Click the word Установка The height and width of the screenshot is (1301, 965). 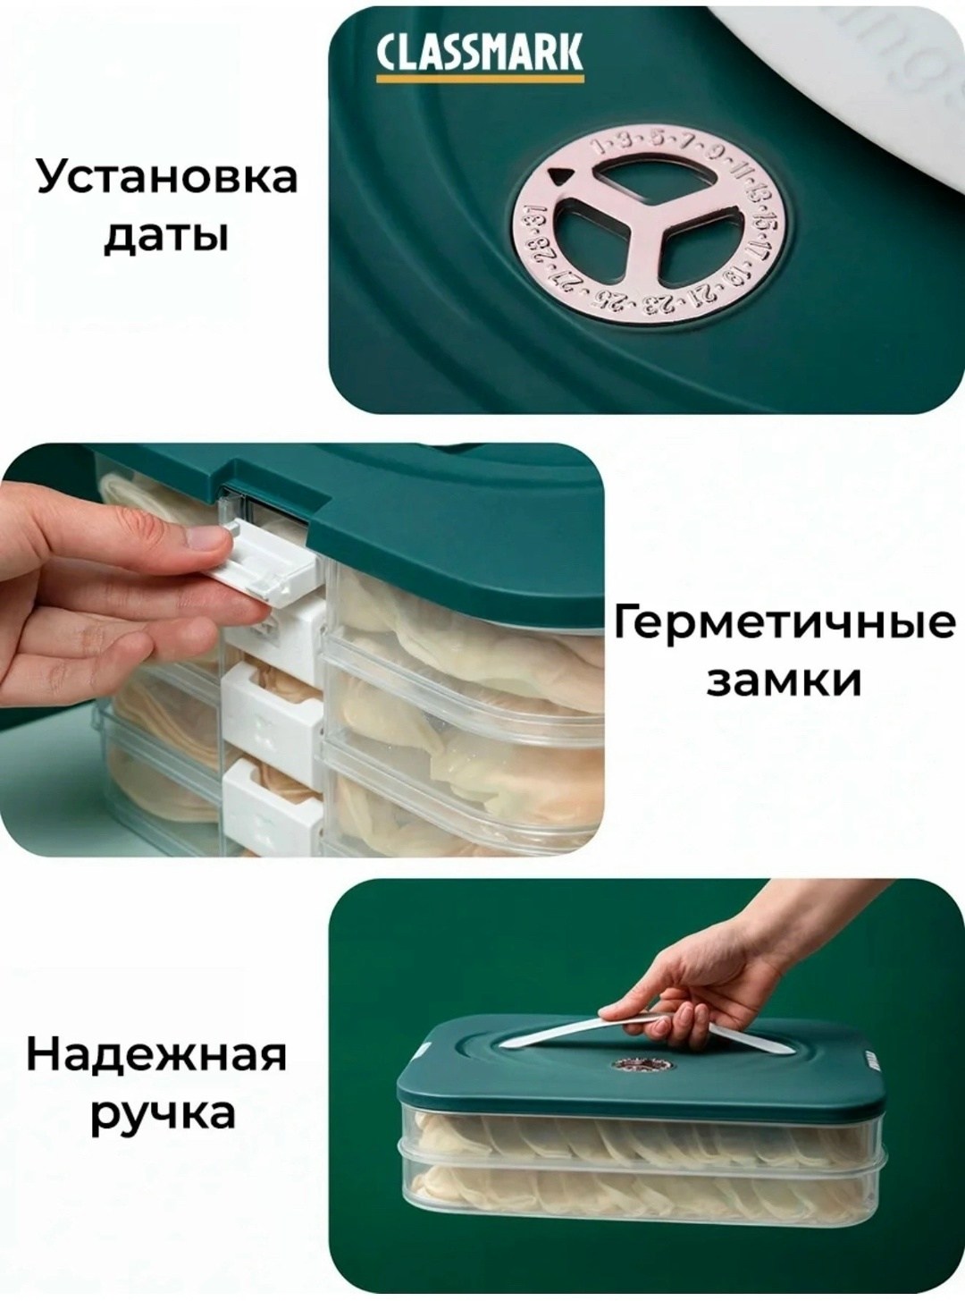[167, 178]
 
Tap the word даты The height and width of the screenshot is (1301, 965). [166, 237]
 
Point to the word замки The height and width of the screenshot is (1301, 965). [784, 683]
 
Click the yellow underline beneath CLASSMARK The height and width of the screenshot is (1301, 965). [479, 76]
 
